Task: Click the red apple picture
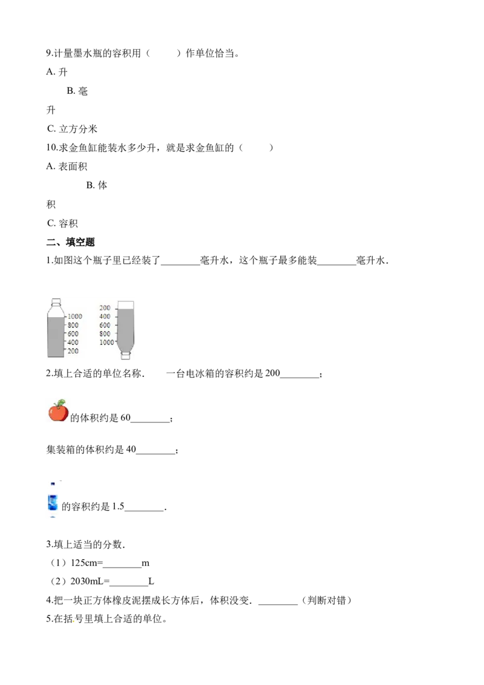pyautogui.click(x=58, y=410)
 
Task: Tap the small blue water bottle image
pyautogui.click(x=53, y=501)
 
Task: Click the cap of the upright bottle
pyautogui.click(x=56, y=302)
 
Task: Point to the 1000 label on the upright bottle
pyautogui.click(x=74, y=316)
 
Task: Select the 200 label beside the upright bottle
pyautogui.click(x=73, y=351)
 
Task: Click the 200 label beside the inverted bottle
pyautogui.click(x=105, y=307)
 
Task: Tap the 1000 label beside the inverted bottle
pyautogui.click(x=106, y=342)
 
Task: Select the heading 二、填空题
pyautogui.click(x=70, y=242)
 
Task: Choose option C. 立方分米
pyautogui.click(x=72, y=129)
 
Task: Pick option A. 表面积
pyautogui.click(x=67, y=166)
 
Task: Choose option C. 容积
pyautogui.click(x=62, y=223)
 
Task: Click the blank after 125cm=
pyautogui.click(x=122, y=566)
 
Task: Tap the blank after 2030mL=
pyautogui.click(x=129, y=585)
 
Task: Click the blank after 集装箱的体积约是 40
pyautogui.click(x=155, y=453)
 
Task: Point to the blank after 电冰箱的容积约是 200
pyautogui.click(x=299, y=377)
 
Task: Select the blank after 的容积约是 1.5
pyautogui.click(x=144, y=510)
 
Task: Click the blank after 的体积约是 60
pyautogui.click(x=150, y=421)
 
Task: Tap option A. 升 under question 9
pyautogui.click(x=57, y=71)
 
